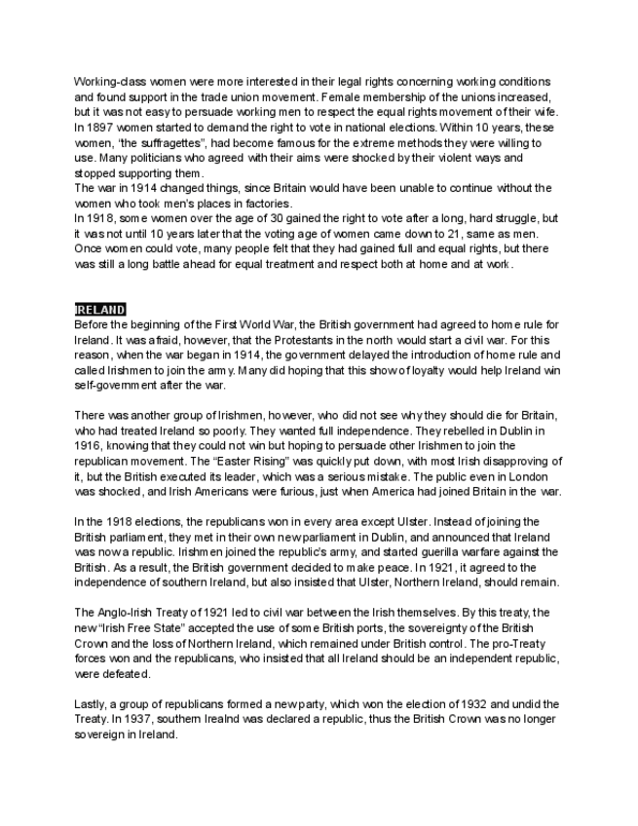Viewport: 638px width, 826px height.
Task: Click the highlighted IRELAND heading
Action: (x=100, y=310)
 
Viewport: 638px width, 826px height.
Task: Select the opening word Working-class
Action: (x=108, y=82)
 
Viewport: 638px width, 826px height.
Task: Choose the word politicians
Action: (x=138, y=158)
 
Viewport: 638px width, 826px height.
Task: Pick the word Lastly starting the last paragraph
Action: (x=91, y=703)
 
